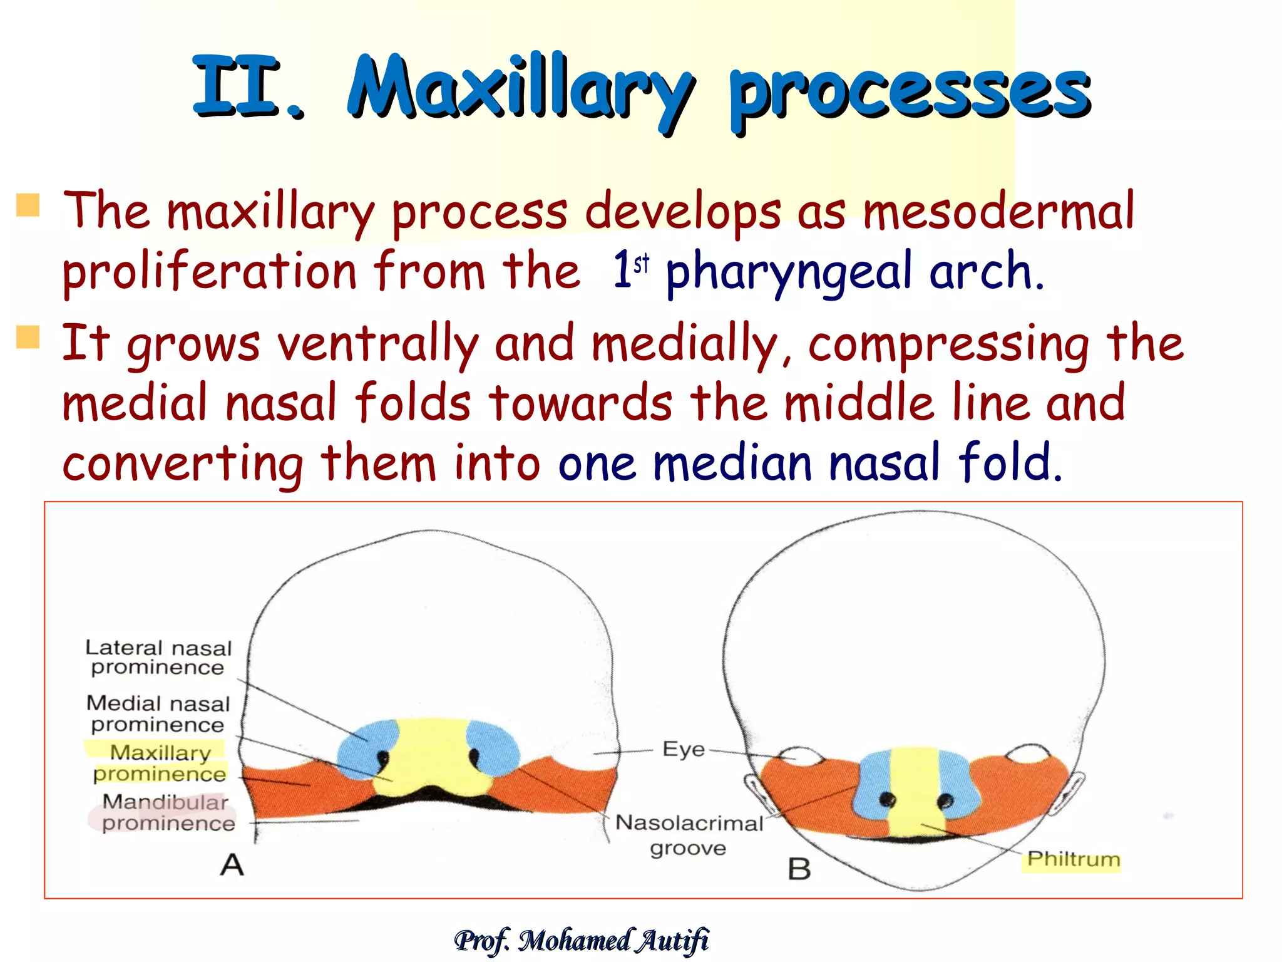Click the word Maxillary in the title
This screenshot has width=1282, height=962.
coord(521,88)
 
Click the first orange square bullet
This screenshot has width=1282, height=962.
coord(28,205)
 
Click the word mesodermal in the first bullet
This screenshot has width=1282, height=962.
coord(998,212)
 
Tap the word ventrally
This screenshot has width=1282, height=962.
coord(377,344)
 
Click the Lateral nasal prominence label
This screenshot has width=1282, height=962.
coord(158,657)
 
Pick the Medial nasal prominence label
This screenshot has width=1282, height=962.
coord(158,713)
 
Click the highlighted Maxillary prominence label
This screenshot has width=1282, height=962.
coord(160,763)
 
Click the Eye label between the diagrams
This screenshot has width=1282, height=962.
coord(683,749)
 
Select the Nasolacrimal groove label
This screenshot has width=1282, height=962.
coord(689,835)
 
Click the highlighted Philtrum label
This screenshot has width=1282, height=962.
coord(1073,859)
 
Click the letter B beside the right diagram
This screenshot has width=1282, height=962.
coord(799,869)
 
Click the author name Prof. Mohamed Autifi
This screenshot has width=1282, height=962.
coord(582,940)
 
